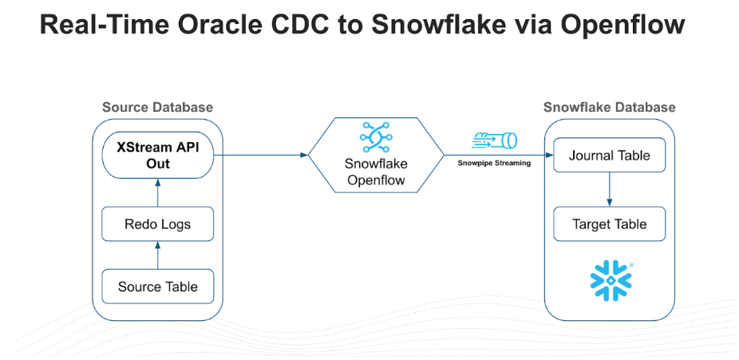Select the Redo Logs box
(x=158, y=224)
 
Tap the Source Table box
(x=158, y=287)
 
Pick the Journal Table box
(x=609, y=156)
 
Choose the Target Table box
(x=609, y=224)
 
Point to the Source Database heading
(x=157, y=108)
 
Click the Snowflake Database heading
(x=609, y=108)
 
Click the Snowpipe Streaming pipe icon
(x=495, y=141)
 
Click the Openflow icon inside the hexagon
(x=374, y=136)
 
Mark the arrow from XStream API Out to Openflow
(x=263, y=155)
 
